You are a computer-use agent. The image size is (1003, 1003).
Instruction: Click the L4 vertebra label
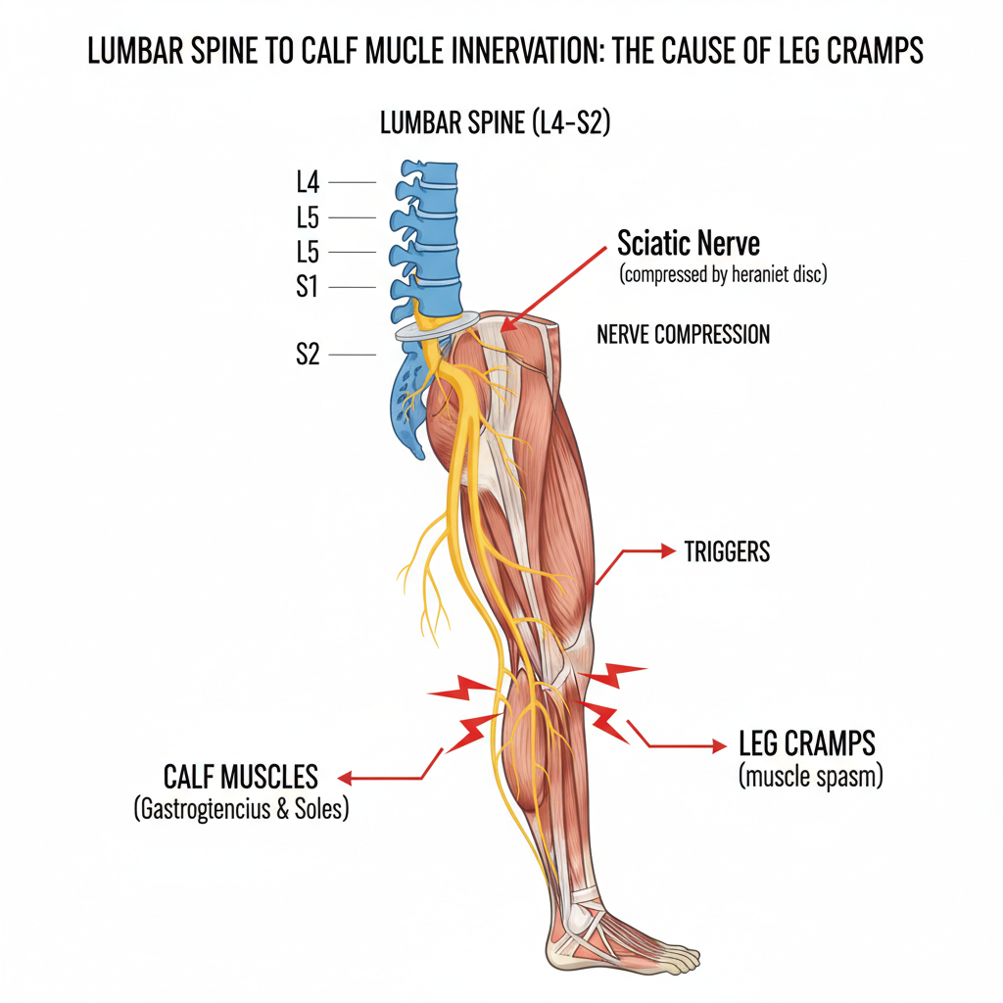[308, 182]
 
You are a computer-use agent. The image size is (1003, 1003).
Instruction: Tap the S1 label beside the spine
[308, 287]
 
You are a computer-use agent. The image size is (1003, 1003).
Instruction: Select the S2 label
[308, 355]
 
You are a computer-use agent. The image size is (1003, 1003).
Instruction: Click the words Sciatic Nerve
[689, 243]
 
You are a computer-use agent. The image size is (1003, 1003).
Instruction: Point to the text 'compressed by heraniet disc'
[723, 275]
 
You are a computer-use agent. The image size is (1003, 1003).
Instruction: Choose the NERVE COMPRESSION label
[683, 335]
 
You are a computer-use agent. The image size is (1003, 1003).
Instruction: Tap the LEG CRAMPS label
[806, 744]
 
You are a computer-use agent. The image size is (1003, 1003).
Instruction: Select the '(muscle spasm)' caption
[810, 779]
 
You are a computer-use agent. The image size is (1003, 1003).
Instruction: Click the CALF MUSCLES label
[240, 778]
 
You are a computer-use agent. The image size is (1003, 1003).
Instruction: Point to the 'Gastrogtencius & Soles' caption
[240, 810]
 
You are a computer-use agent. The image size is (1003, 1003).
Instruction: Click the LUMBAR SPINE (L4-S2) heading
[495, 125]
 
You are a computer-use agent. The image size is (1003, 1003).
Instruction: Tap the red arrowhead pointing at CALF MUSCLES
[343, 779]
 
